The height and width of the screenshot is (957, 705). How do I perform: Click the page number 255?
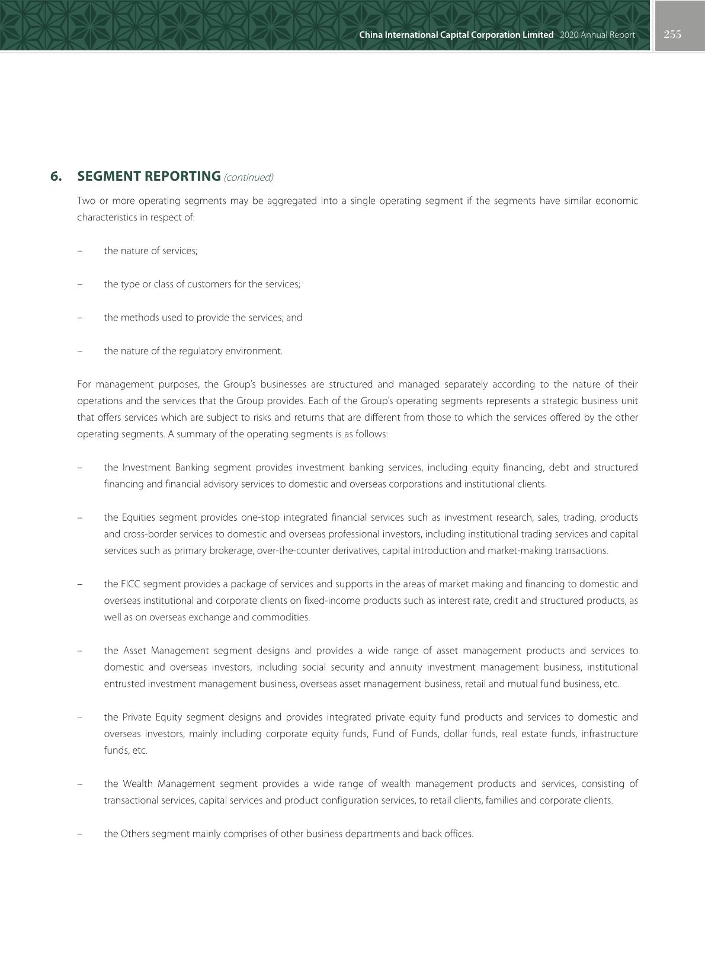672,34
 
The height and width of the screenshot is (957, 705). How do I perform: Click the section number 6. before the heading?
56,177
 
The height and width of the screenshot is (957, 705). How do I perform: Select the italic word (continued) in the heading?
248,177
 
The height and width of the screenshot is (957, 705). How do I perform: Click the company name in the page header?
456,35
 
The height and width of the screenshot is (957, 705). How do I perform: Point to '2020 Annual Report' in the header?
597,35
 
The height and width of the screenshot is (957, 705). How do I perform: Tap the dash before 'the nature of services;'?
79,251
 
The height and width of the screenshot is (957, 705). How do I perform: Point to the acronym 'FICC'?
130,584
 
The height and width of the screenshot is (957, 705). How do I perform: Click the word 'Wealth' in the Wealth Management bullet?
137,784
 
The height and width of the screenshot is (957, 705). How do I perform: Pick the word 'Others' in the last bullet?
135,834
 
